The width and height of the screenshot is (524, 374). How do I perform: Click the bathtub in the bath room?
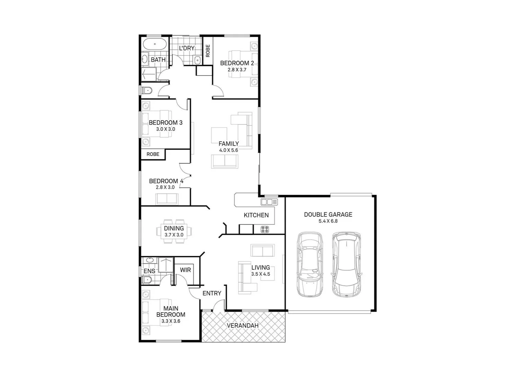pos(155,44)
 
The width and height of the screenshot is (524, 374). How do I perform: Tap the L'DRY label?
pos(186,48)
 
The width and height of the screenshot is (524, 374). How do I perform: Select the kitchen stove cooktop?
pos(265,229)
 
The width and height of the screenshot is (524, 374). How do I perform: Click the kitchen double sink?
pos(269,202)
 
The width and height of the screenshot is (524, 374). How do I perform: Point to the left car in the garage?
pos(309,265)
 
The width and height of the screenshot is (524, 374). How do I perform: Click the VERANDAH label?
pos(243,326)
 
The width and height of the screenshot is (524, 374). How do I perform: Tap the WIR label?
pos(185,270)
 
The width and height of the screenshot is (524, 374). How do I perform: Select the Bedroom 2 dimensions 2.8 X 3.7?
pos(237,70)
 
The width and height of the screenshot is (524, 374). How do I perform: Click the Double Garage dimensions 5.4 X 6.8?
pos(328,221)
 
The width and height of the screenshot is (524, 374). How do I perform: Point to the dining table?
pos(174,231)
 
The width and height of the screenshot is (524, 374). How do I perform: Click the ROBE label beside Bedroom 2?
pos(208,51)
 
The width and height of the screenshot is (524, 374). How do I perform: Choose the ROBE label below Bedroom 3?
pos(153,154)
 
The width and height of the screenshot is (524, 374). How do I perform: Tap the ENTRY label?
pos(212,293)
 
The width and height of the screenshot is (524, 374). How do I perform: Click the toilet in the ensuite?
pos(147,279)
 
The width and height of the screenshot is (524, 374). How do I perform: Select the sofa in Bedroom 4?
pos(167,199)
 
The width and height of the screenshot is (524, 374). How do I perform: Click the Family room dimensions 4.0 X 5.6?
pos(228,150)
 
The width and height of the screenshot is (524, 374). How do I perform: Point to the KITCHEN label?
pos(256,215)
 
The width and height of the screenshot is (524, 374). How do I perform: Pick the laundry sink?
pos(197,60)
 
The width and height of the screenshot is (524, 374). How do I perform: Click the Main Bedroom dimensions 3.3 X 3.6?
pos(171,321)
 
